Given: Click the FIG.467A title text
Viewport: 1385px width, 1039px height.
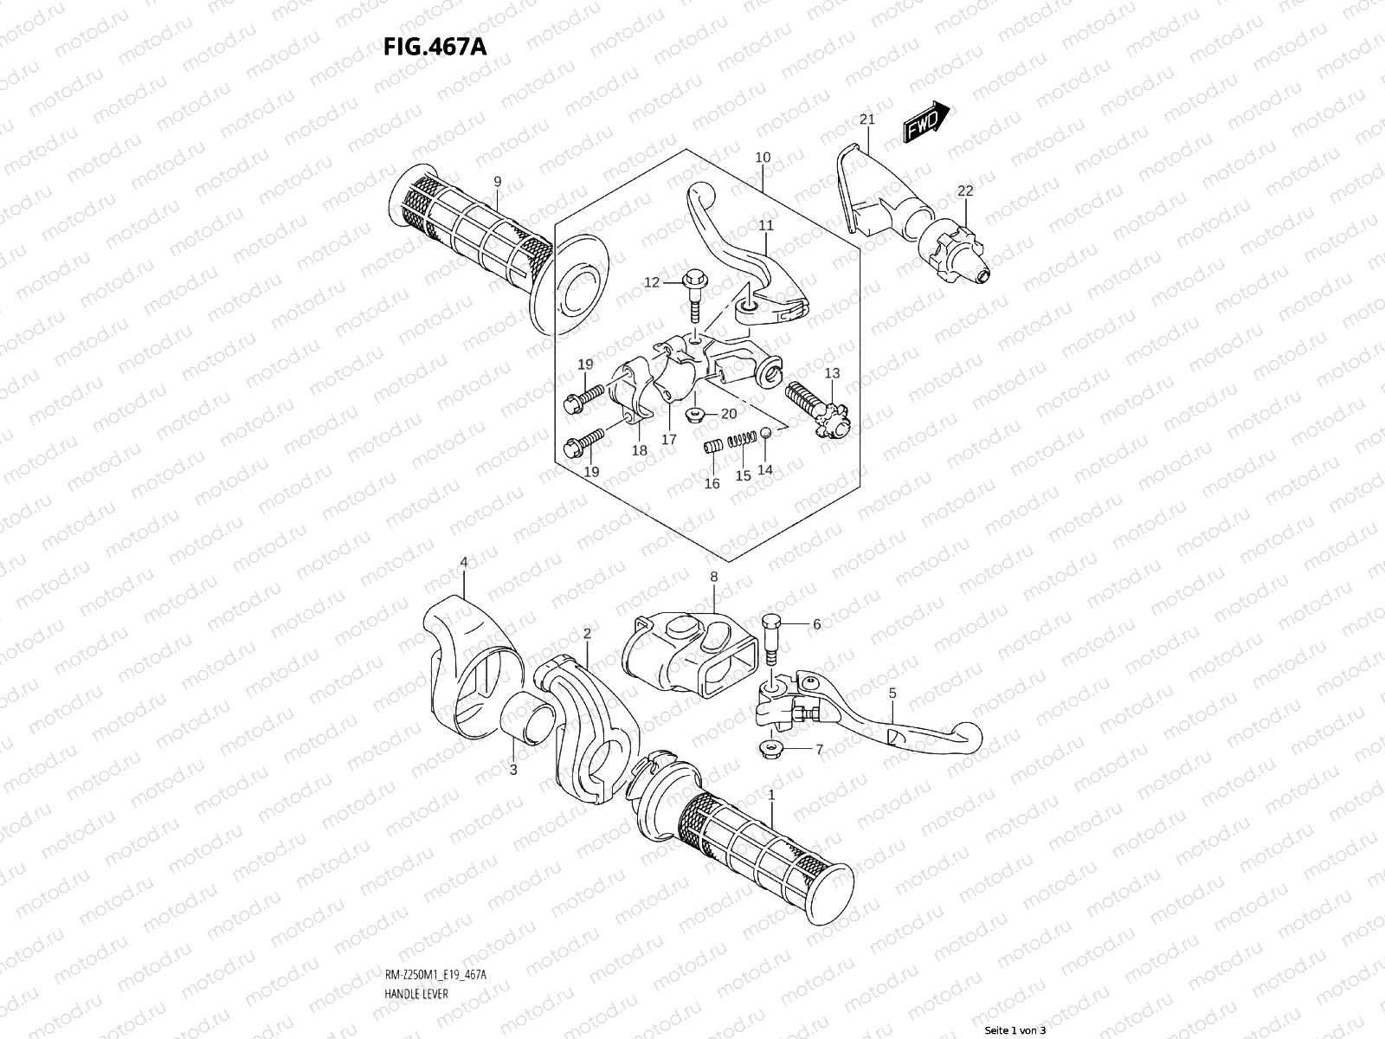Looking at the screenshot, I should (435, 46).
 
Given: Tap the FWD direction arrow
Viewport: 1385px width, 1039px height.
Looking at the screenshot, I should (927, 120).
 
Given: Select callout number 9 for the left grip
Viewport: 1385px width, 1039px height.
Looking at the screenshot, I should (497, 181).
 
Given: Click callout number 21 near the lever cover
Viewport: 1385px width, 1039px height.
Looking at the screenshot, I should (867, 119).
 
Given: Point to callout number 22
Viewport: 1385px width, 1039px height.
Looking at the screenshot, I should (965, 191).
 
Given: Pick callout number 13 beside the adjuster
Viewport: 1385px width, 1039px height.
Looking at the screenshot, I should (832, 373).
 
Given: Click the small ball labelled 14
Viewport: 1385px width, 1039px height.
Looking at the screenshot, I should (765, 432).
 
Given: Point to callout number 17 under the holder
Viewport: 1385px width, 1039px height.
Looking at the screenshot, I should (668, 439).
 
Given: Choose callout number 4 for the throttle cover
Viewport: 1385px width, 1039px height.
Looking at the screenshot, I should (464, 562).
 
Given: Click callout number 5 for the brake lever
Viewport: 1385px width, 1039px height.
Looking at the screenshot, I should (892, 693).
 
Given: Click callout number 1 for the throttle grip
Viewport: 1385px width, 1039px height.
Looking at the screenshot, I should (771, 793).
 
